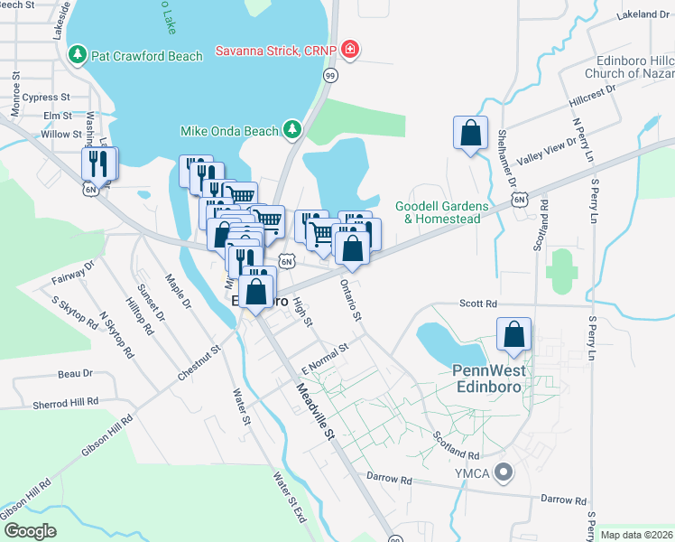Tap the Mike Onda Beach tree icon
[291, 131]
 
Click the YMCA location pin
[504, 470]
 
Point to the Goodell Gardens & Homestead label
[441, 211]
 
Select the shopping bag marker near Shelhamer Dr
[470, 134]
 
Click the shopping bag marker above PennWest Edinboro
[513, 334]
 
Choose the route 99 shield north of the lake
[330, 77]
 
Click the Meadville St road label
[316, 412]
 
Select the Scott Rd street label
[478, 304]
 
